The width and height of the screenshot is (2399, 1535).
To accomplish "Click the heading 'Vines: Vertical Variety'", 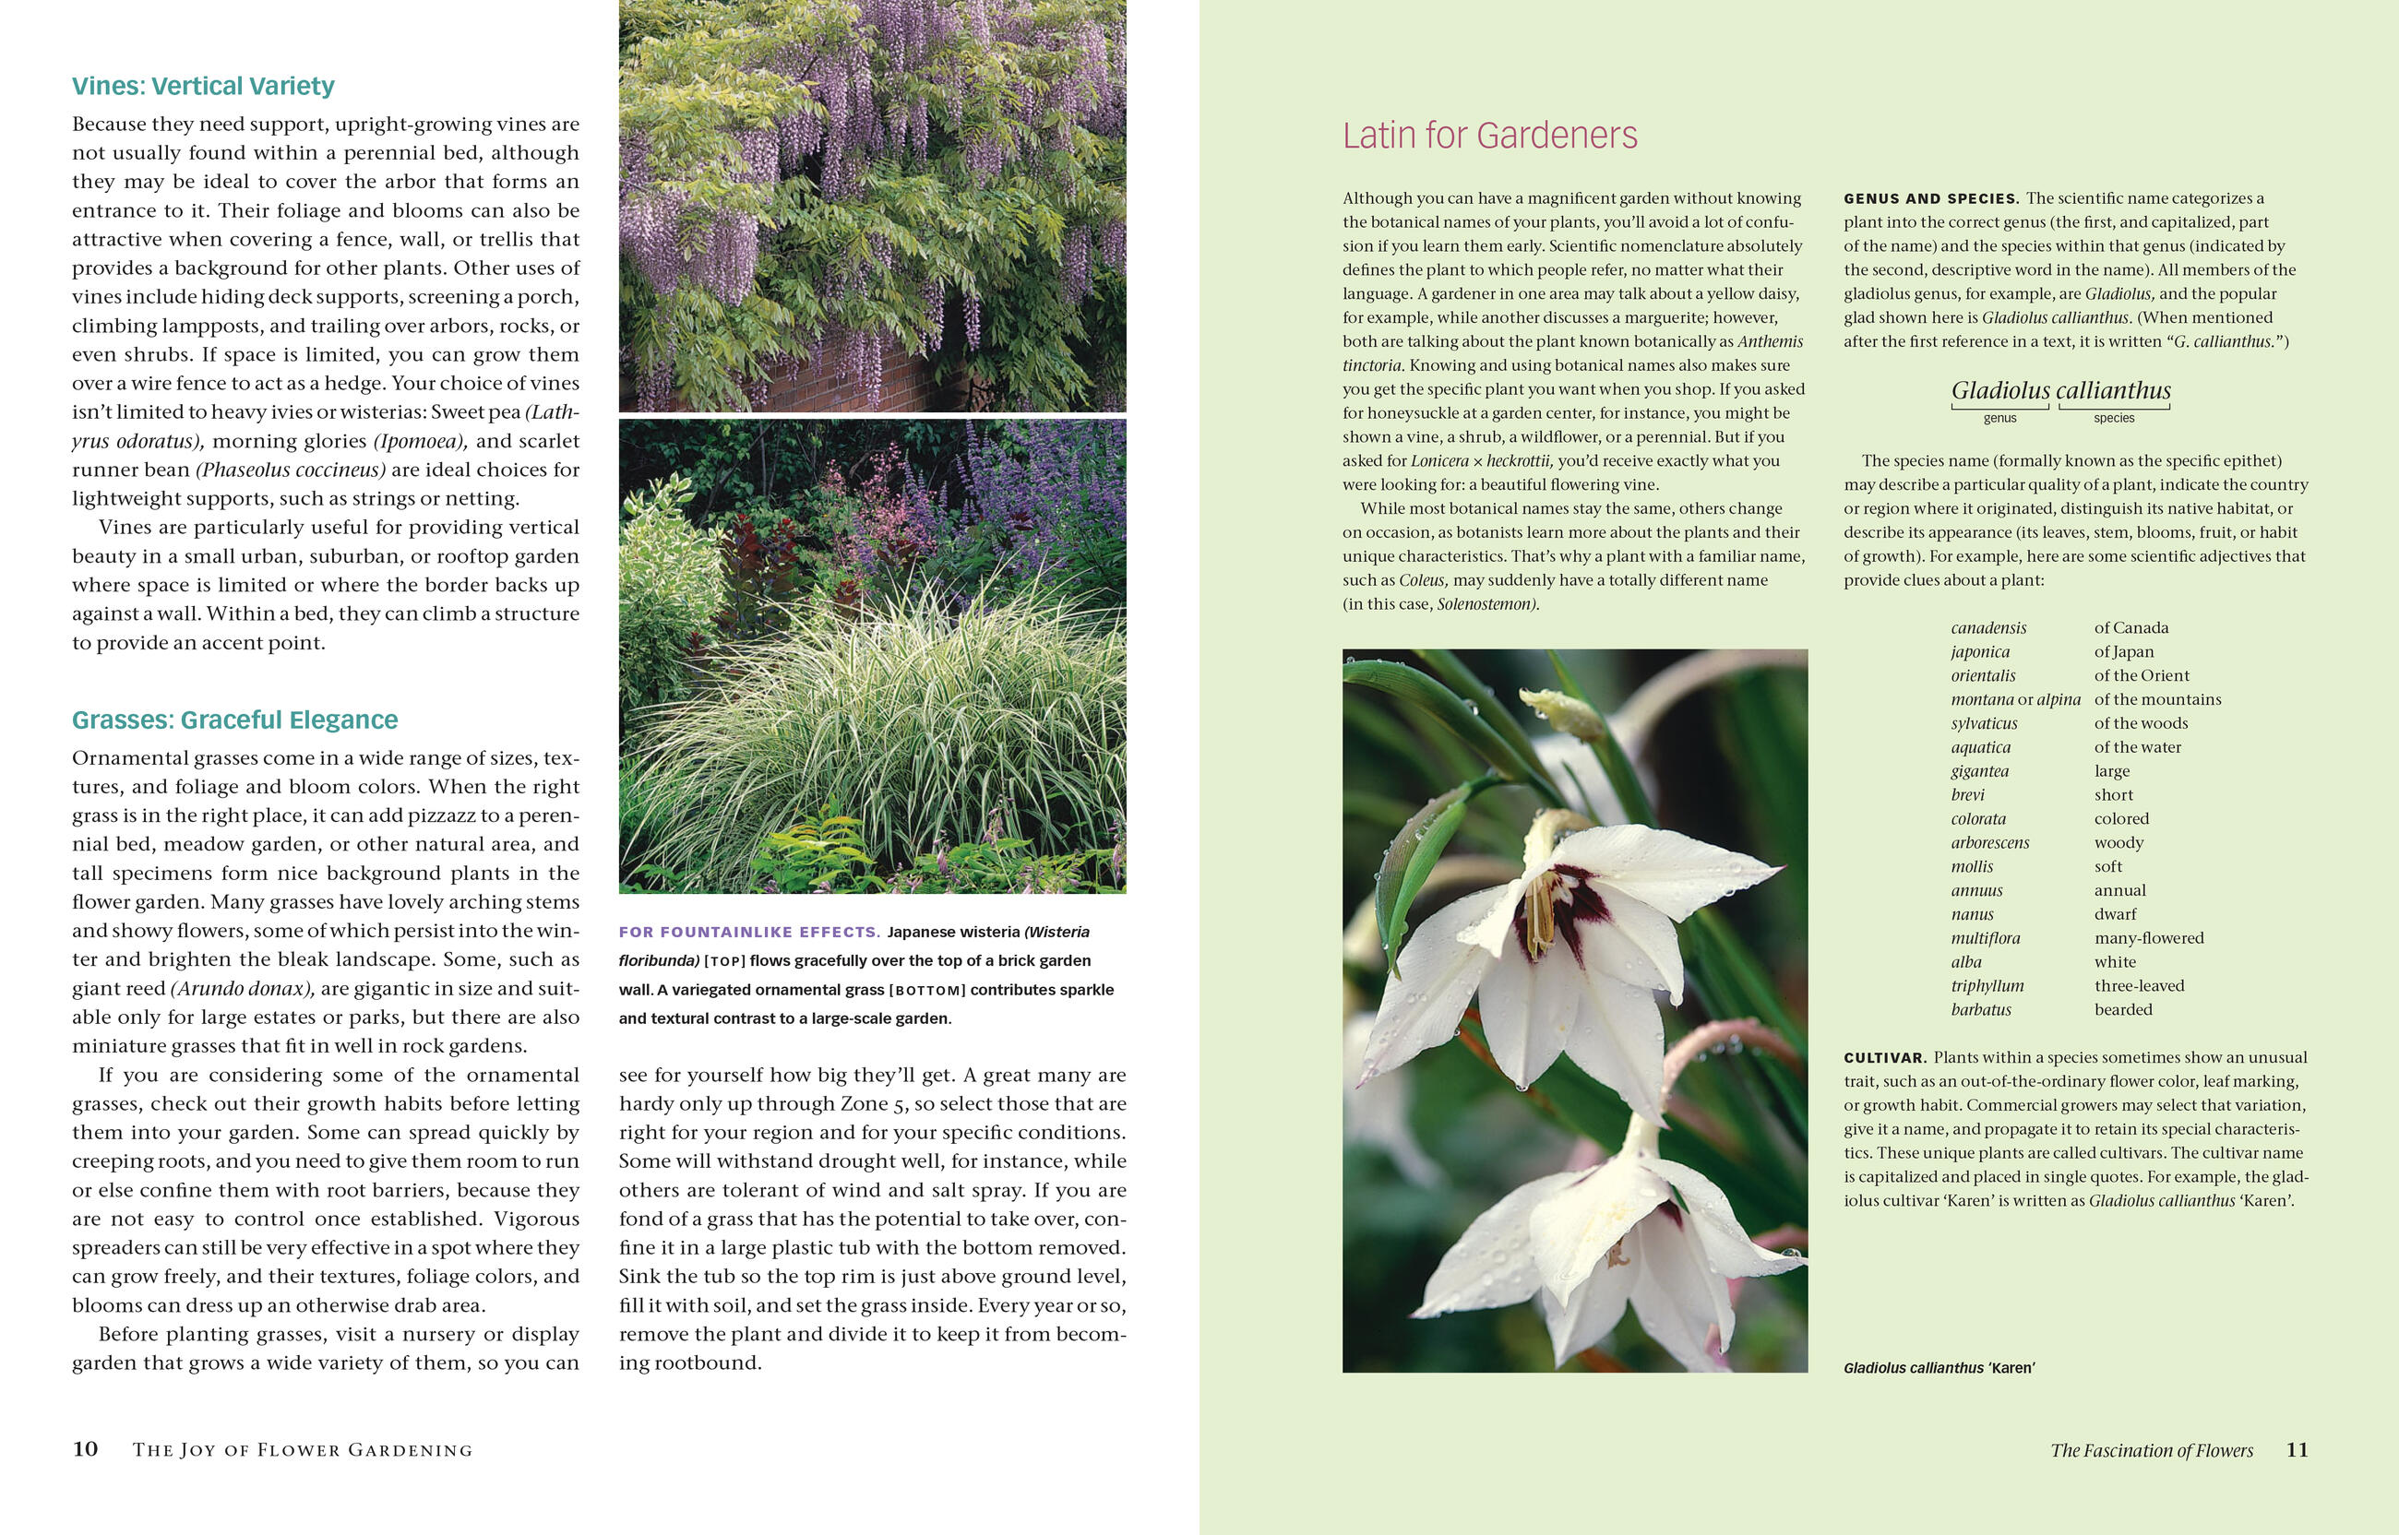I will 203,87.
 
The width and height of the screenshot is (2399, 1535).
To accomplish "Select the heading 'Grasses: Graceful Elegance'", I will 234,720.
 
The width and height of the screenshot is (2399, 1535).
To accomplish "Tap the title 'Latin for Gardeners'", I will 1489,136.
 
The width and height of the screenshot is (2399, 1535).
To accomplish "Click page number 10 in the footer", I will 85,1449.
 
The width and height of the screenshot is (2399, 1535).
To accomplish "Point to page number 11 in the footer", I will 2297,1449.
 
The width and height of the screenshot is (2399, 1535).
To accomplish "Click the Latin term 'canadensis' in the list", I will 1988,628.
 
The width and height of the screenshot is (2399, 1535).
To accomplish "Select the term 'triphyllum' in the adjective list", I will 1987,986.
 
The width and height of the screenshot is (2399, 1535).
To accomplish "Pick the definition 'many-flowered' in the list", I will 2149,938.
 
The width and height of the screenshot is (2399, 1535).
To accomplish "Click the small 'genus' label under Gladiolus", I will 1999,419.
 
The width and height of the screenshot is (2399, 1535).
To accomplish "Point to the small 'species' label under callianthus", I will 2114,419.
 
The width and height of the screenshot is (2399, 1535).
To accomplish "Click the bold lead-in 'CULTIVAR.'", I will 1885,1057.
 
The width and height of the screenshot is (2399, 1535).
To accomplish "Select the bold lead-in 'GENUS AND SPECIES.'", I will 1930,198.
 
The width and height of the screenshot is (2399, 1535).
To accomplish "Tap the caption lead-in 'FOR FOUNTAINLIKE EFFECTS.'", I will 748,932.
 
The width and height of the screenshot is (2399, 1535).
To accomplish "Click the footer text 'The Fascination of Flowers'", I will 2151,1450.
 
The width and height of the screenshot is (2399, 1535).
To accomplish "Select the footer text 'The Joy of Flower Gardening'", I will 302,1450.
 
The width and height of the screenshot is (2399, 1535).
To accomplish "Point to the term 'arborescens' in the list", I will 1989,842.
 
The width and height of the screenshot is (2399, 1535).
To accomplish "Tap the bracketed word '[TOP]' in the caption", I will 724,961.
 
